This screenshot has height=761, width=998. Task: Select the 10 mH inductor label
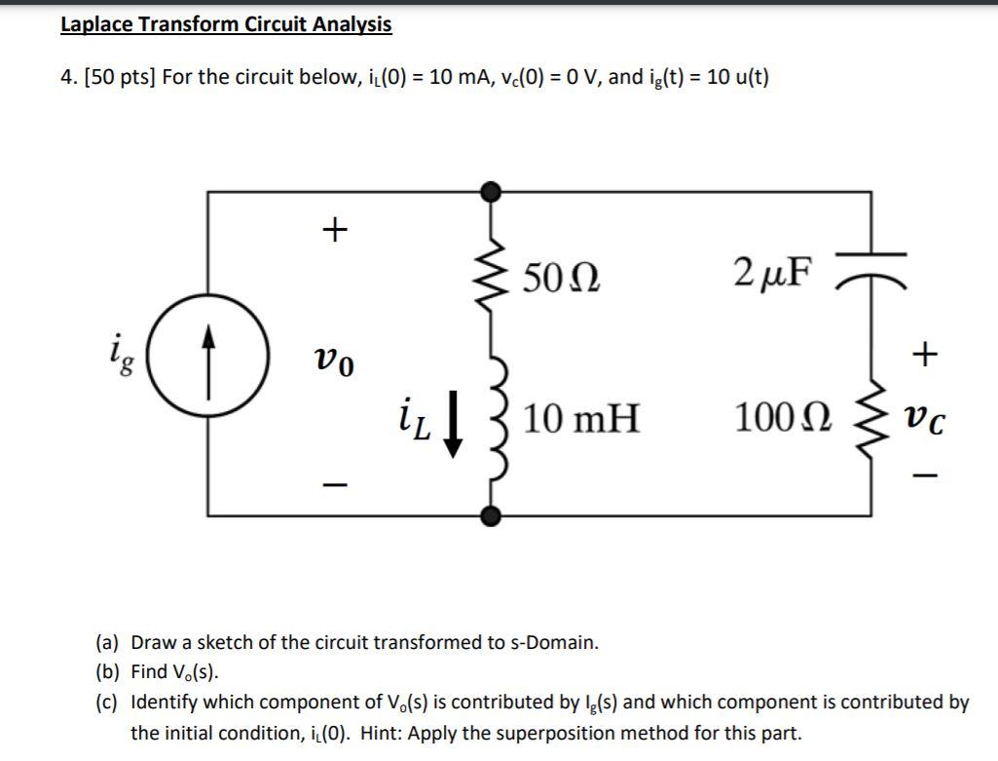coord(581,419)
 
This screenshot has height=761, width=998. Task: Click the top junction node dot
coord(494,190)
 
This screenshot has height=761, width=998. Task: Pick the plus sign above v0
coord(333,229)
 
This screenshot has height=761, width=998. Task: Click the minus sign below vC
coord(926,476)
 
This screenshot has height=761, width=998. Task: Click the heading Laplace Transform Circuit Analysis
coord(226,24)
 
